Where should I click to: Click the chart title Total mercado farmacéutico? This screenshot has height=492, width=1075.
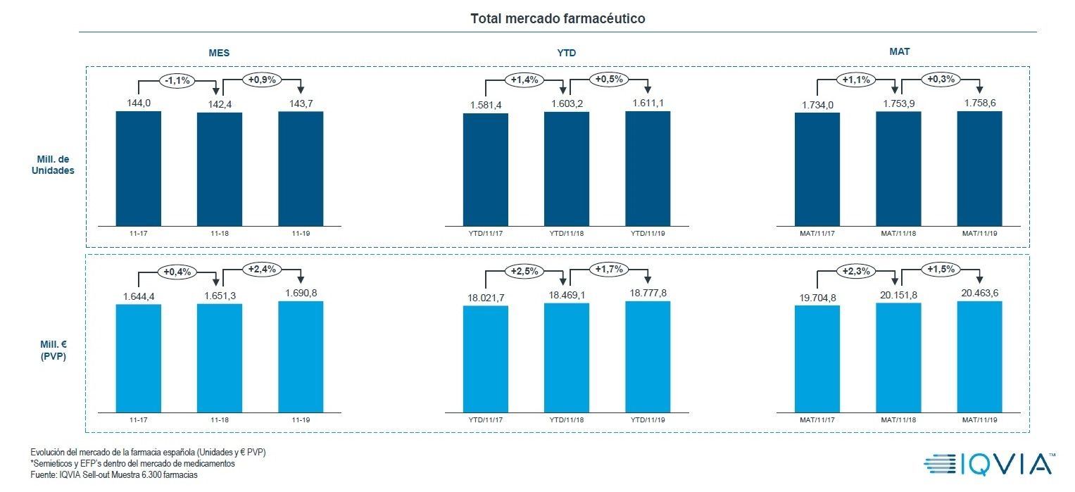tap(558, 19)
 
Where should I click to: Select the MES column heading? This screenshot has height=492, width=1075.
tap(218, 53)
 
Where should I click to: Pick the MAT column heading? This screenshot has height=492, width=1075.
tap(899, 51)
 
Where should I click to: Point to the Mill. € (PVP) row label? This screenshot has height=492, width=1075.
tap(53, 351)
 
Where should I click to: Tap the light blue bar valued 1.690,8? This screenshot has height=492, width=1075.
tap(301, 356)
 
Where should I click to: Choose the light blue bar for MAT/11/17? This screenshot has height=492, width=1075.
tap(817, 358)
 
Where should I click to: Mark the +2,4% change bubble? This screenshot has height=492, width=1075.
tap(262, 269)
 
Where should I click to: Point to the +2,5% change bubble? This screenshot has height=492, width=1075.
tap(524, 270)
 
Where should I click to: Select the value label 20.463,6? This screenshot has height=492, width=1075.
tap(979, 291)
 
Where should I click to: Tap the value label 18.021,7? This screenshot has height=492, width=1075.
tap(485, 298)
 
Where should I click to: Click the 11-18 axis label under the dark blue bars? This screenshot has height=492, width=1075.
tap(220, 231)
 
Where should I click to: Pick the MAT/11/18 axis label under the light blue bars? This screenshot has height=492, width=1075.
tap(898, 420)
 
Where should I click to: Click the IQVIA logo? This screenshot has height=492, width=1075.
tap(989, 463)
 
